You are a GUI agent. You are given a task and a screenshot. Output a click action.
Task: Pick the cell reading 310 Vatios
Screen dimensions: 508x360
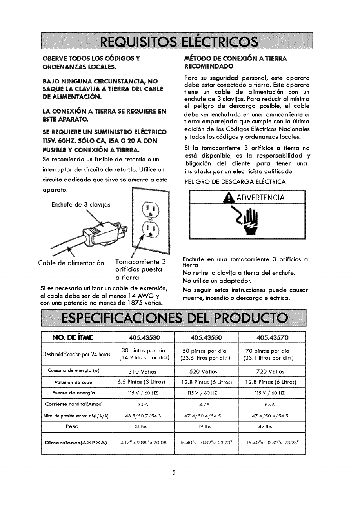[143, 372]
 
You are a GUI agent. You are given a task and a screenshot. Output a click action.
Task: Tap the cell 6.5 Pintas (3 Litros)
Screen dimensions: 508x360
[143, 382]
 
